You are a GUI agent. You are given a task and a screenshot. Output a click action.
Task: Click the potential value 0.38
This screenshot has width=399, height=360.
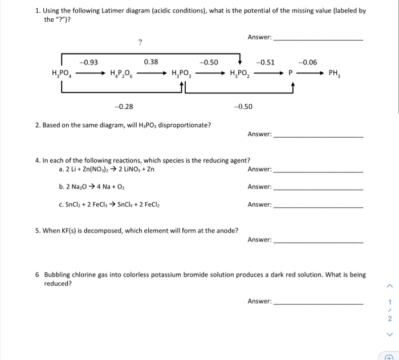point(151,62)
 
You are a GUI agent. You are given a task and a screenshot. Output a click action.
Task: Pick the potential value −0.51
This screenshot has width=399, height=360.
point(266,62)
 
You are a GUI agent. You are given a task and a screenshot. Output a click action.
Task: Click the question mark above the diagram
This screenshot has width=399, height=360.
point(140,42)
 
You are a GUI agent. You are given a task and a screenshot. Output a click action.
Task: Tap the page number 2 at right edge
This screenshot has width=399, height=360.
point(390,319)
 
